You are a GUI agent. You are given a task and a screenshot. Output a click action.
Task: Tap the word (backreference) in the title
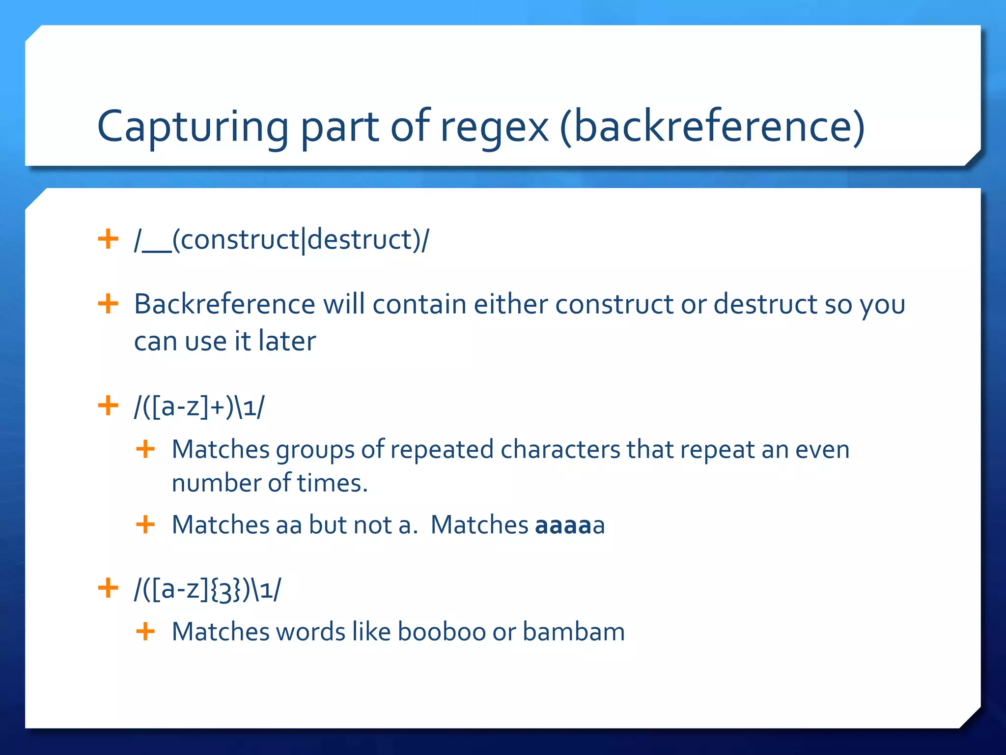click(x=712, y=127)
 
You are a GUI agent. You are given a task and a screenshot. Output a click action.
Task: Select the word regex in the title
click(x=494, y=127)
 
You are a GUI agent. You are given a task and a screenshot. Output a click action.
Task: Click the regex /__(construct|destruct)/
click(x=281, y=240)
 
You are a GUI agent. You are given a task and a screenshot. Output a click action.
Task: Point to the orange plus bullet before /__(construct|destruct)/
click(x=108, y=239)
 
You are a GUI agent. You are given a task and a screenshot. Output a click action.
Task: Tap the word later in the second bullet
click(x=287, y=341)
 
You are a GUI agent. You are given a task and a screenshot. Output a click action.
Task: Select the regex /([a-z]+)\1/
click(x=199, y=407)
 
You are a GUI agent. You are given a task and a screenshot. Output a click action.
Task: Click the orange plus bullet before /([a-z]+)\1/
click(x=108, y=406)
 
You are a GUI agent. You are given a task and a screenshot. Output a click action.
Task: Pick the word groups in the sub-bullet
click(x=315, y=450)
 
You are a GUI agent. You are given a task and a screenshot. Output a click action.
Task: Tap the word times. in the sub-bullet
click(x=333, y=483)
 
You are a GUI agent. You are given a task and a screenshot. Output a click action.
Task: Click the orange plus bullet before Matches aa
click(x=145, y=524)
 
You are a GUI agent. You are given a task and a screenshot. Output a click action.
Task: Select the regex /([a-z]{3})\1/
click(x=208, y=589)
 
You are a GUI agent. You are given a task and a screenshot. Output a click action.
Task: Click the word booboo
click(x=442, y=632)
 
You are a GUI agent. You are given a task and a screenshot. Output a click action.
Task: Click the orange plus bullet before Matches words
click(x=145, y=631)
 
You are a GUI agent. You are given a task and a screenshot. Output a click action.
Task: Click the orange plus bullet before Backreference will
click(x=108, y=304)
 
